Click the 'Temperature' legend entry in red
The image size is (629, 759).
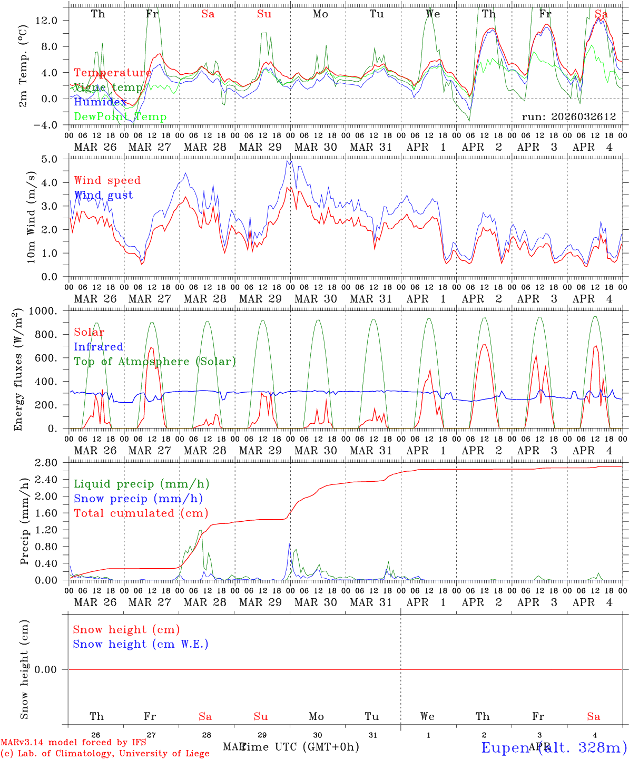click(x=113, y=73)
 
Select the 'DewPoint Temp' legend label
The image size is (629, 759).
click(x=120, y=117)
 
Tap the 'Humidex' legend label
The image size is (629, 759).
click(x=100, y=102)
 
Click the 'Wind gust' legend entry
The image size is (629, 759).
click(x=103, y=195)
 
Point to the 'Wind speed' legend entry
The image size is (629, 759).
click(x=107, y=180)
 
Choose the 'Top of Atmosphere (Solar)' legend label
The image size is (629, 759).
click(x=154, y=362)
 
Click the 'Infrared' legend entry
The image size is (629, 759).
click(x=99, y=347)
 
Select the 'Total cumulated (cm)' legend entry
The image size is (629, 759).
click(x=141, y=513)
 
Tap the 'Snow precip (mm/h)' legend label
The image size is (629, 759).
click(x=138, y=499)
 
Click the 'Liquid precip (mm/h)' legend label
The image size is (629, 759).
click(x=141, y=484)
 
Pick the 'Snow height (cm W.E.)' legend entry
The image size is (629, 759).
click(x=140, y=644)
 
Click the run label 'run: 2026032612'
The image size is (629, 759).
click(x=568, y=117)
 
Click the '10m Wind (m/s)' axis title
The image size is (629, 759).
click(x=31, y=217)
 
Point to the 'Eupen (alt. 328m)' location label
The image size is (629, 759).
click(x=554, y=747)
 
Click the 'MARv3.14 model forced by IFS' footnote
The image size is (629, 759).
click(x=73, y=743)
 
